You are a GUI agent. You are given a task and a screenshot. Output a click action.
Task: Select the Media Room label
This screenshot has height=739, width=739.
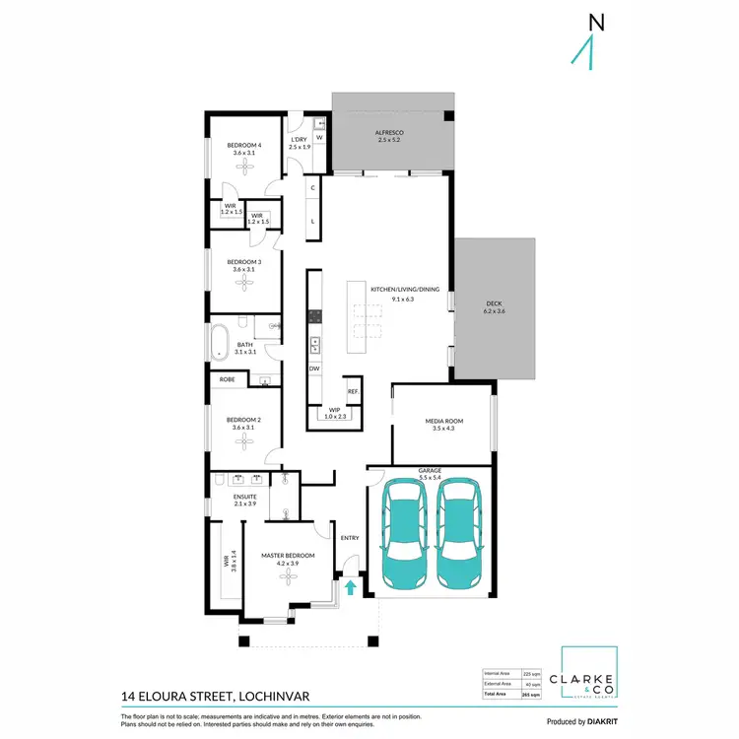click(443, 422)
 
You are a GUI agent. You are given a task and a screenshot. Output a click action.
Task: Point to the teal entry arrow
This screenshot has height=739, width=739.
click(350, 588)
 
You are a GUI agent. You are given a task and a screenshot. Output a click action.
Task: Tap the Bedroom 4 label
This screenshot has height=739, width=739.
click(244, 145)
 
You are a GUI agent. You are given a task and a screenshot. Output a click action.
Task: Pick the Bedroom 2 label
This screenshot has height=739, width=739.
click(244, 419)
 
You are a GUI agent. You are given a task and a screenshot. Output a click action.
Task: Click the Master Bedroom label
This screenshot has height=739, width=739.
click(288, 556)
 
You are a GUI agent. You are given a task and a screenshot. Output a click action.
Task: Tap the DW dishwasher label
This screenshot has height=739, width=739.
click(314, 369)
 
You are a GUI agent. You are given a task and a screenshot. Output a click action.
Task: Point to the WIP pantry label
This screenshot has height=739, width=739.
click(335, 412)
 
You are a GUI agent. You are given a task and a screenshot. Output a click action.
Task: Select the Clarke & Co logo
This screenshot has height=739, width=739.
click(588, 678)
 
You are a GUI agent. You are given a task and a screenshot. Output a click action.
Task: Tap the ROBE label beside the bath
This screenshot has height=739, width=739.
click(227, 378)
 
